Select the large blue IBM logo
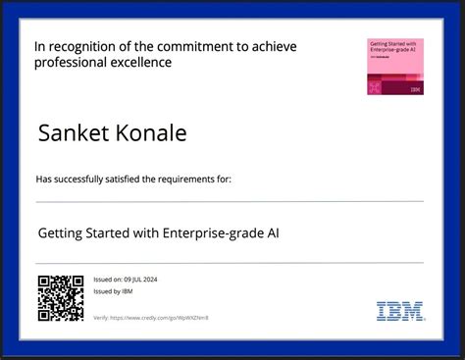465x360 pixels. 400,311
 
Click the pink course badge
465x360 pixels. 395,67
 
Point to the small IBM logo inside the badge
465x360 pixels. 416,89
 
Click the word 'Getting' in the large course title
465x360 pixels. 60,234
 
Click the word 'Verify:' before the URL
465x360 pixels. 100,318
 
